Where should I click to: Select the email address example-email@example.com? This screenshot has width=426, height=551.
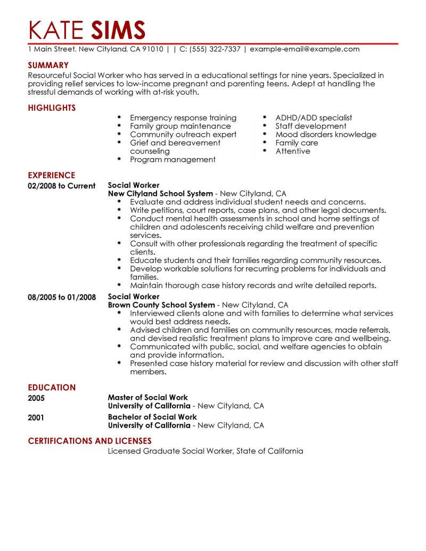305,49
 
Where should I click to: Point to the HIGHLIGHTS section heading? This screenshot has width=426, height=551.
52,108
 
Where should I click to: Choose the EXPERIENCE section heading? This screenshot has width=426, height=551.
51,175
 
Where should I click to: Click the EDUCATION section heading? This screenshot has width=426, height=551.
52,387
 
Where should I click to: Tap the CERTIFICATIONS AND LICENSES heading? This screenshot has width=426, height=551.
89,441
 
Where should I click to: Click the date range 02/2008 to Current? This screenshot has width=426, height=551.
61,186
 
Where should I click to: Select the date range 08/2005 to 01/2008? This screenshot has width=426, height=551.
62,297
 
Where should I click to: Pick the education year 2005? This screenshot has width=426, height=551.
36,398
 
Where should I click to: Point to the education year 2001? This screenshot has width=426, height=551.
36,417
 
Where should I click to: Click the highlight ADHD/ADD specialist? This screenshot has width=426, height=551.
314,118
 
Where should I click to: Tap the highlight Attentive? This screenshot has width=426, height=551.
292,151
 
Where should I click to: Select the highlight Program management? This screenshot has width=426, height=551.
173,159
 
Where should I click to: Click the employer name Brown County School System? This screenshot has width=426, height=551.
161,306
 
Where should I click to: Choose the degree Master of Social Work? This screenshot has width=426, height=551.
148,398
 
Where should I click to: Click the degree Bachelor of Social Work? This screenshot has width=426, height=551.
152,417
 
